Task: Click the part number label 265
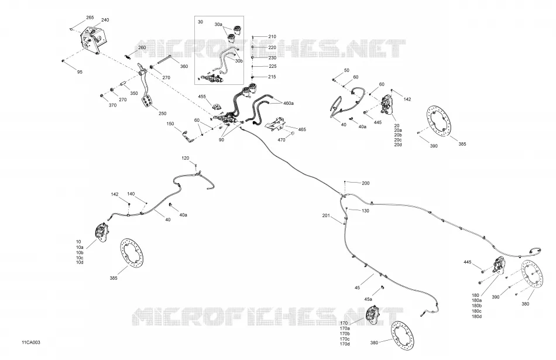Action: pyautogui.click(x=90, y=18)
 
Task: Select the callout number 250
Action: pyautogui.click(x=162, y=114)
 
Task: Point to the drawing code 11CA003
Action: pyautogui.click(x=31, y=342)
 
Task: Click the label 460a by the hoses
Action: pyautogui.click(x=289, y=103)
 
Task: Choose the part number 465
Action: pyautogui.click(x=302, y=130)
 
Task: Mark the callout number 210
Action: pyautogui.click(x=272, y=36)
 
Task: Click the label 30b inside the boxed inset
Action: pyautogui.click(x=239, y=61)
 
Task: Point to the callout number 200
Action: pyautogui.click(x=366, y=183)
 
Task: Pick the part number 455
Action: pyautogui.click(x=202, y=97)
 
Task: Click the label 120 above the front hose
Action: pyautogui.click(x=186, y=158)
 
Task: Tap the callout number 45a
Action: pyautogui.click(x=368, y=299)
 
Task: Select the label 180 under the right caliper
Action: pyautogui.click(x=475, y=296)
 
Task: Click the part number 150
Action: pyautogui.click(x=170, y=124)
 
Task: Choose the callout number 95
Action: pyautogui.click(x=80, y=72)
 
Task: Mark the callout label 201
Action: pyautogui.click(x=326, y=215)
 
